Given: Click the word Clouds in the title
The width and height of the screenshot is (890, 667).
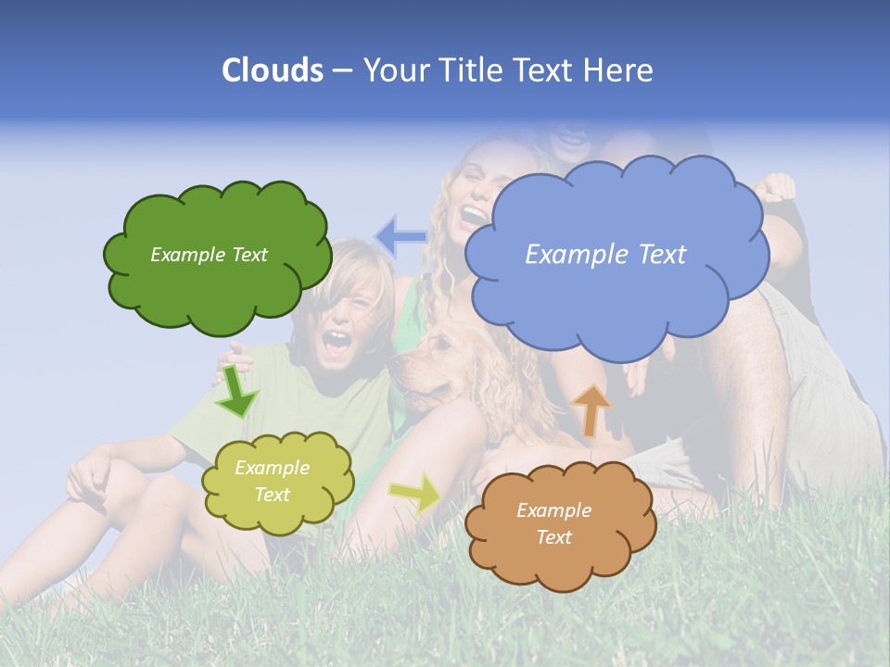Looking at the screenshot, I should tap(272, 70).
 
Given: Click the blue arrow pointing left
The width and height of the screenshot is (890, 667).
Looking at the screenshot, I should tap(400, 236).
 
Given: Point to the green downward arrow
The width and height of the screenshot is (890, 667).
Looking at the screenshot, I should tap(236, 393).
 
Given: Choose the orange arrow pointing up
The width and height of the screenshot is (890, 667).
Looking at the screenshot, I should tap(591, 409).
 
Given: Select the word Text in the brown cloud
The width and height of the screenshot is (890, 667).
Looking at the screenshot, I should tap(553, 537).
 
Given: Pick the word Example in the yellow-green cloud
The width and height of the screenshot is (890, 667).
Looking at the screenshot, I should tap(272, 469).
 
